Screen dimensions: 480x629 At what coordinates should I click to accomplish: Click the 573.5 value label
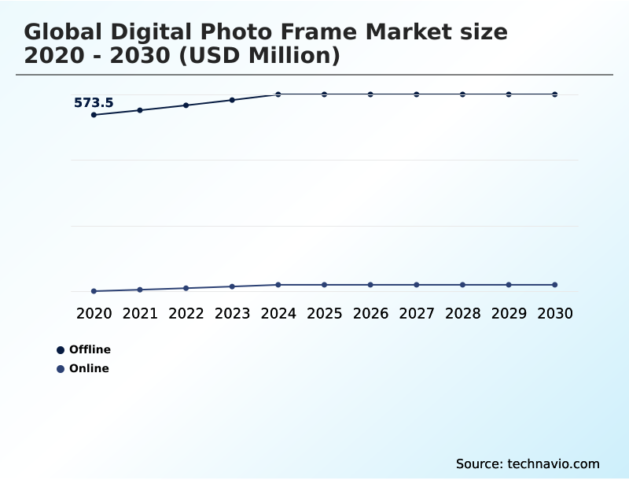pyautogui.click(x=94, y=102)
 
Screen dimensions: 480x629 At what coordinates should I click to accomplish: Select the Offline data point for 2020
pyautogui.click(x=94, y=115)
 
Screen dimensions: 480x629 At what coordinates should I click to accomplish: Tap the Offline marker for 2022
pyautogui.click(x=186, y=105)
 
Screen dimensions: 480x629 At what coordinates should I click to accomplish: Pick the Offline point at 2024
pyautogui.click(x=278, y=94)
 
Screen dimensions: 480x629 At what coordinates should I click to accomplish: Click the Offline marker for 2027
pyautogui.click(x=417, y=94)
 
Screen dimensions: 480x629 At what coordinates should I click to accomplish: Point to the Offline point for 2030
pyautogui.click(x=554, y=94)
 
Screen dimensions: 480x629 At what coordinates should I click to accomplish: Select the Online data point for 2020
pyautogui.click(x=94, y=291)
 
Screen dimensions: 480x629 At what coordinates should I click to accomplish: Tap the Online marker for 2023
pyautogui.click(x=232, y=286)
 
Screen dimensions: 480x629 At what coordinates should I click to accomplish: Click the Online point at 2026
pyautogui.click(x=370, y=285)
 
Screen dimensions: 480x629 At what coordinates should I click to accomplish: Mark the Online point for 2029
pyautogui.click(x=509, y=285)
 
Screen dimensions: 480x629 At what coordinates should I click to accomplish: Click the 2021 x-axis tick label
pyautogui.click(x=140, y=313)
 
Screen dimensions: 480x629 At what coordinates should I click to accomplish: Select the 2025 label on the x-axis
pyautogui.click(x=324, y=313)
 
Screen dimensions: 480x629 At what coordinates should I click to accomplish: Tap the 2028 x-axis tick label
pyautogui.click(x=462, y=313)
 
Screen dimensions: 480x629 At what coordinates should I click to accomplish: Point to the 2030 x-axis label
pyautogui.click(x=554, y=313)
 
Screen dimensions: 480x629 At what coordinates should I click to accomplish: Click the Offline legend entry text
pyautogui.click(x=90, y=349)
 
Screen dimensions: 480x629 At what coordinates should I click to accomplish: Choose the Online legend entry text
pyautogui.click(x=89, y=368)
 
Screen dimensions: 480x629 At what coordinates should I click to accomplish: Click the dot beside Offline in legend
pyautogui.click(x=61, y=350)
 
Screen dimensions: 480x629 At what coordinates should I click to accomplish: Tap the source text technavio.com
pyautogui.click(x=554, y=463)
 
